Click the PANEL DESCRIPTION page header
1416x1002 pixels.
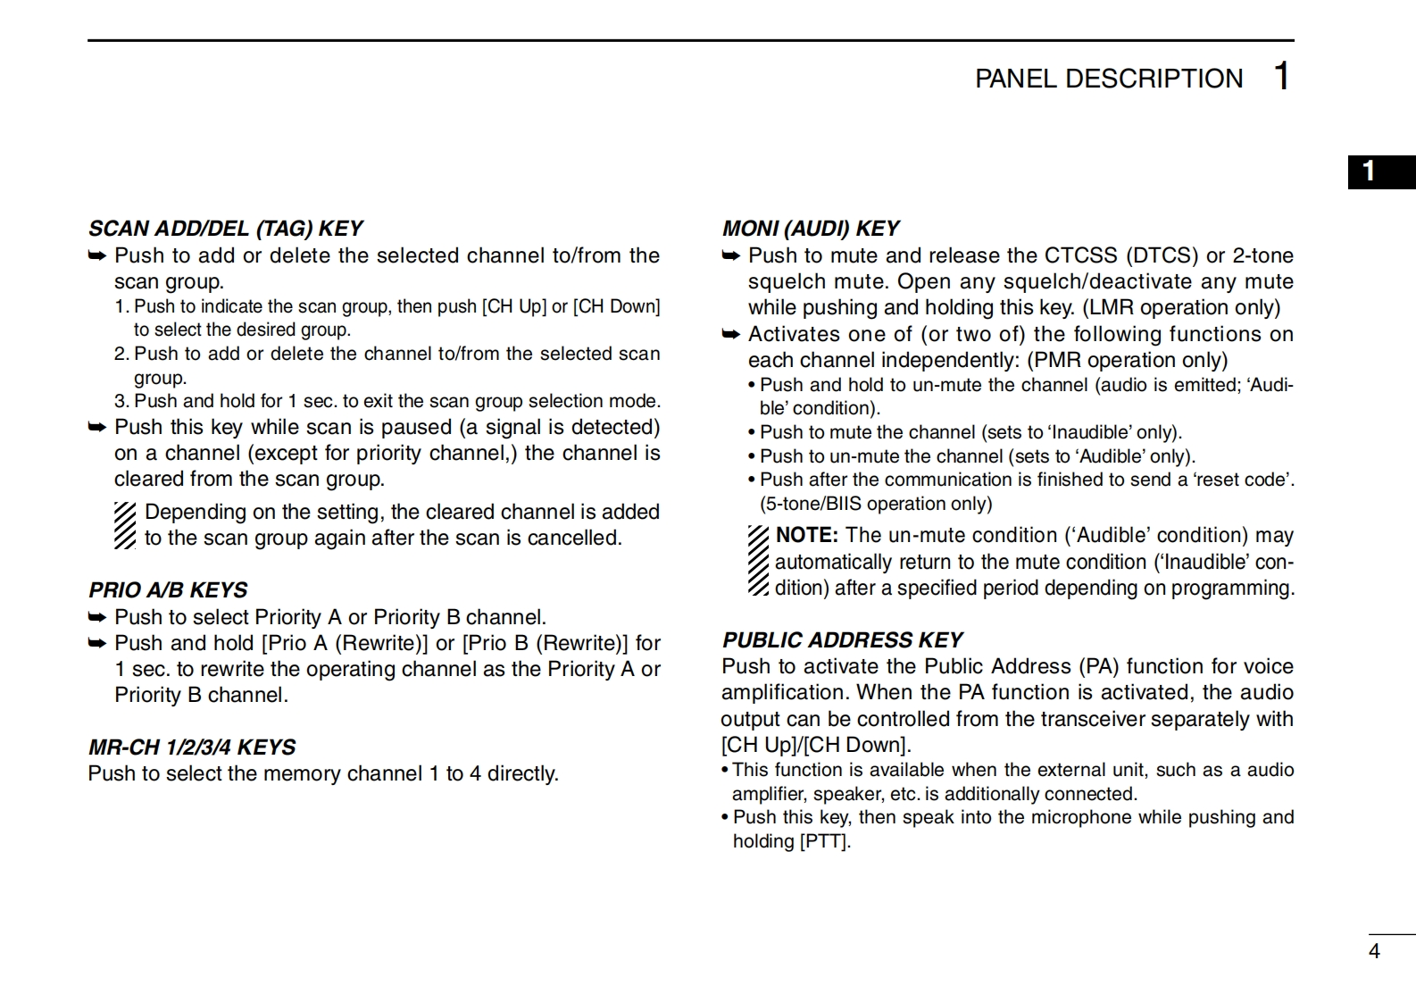pyautogui.click(x=1108, y=79)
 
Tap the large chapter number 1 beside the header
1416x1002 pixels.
pyautogui.click(x=1281, y=77)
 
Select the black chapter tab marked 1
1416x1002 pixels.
pyautogui.click(x=1380, y=172)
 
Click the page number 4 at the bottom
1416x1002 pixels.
pyautogui.click(x=1374, y=952)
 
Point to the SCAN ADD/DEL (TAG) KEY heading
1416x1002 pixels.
pyautogui.click(x=225, y=229)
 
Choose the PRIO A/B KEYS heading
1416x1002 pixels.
pyautogui.click(x=168, y=590)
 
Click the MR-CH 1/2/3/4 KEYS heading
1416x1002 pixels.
pyautogui.click(x=192, y=747)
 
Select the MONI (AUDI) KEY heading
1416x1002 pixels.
pyautogui.click(x=811, y=229)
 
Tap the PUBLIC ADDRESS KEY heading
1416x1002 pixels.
pyautogui.click(x=842, y=640)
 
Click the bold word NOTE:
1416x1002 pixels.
pyautogui.click(x=807, y=536)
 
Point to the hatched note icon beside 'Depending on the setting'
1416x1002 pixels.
pyautogui.click(x=125, y=525)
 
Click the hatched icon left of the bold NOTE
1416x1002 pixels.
pyautogui.click(x=758, y=561)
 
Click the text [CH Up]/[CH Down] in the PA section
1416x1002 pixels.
pyautogui.click(x=815, y=745)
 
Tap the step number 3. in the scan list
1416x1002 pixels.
pyautogui.click(x=121, y=401)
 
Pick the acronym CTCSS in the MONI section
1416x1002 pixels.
pyautogui.click(x=1080, y=255)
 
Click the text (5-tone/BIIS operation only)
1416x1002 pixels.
pyautogui.click(x=876, y=504)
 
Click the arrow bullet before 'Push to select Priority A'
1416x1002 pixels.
pyautogui.click(x=97, y=617)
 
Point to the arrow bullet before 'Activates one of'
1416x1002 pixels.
pyautogui.click(x=731, y=334)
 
